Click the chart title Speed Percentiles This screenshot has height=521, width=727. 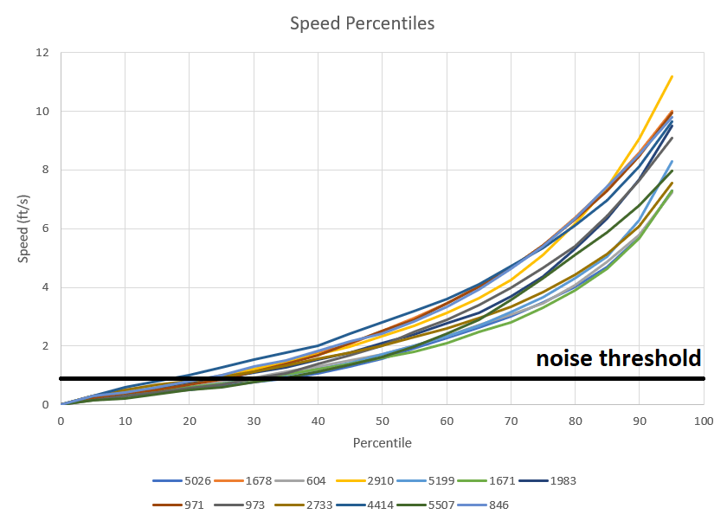[362, 23]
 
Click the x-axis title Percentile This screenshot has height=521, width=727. [382, 443]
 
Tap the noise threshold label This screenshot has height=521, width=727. [618, 358]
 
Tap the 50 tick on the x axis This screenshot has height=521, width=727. [382, 421]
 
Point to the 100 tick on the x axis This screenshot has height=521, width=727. [703, 421]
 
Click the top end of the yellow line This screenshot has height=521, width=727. [672, 76]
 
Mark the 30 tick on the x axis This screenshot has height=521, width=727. [254, 421]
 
